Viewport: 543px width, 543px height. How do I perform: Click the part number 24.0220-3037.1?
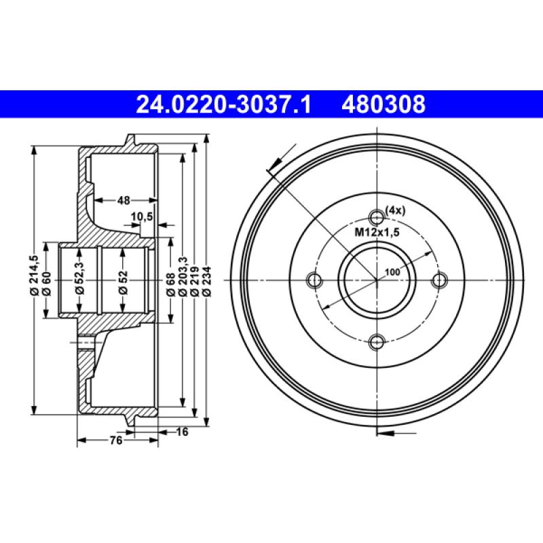coord(223,105)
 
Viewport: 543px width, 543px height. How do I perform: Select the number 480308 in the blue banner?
coord(386,105)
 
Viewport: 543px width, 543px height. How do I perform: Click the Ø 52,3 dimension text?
coord(79,278)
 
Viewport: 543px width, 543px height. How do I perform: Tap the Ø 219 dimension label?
coord(195,279)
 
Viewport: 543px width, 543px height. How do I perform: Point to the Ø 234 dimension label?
coord(207,279)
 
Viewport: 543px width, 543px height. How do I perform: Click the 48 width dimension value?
coord(124,200)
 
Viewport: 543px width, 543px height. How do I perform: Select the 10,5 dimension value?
coord(142,217)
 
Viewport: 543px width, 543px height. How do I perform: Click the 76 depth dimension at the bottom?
coord(116,441)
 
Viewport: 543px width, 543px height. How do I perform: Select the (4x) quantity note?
coord(395,210)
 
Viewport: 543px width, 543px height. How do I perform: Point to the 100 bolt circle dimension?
coord(392,272)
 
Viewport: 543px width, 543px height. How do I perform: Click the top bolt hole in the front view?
coord(377,217)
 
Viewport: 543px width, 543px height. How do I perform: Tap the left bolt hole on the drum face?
coord(314,280)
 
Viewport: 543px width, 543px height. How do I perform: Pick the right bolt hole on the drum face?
coord(441,280)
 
